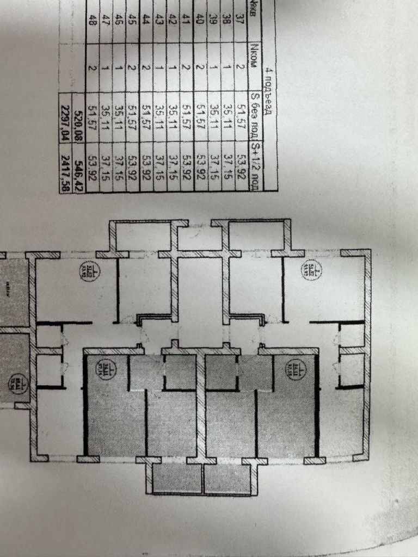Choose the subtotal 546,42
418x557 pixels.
point(79,168)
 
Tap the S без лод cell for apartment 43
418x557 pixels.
point(159,116)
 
